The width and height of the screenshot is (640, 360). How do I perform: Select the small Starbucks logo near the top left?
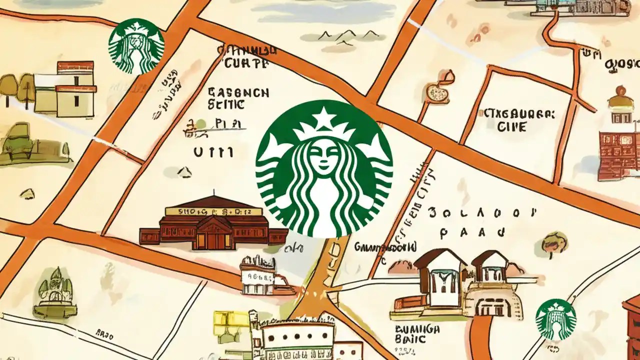click(136, 46)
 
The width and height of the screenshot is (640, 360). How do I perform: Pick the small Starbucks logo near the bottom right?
click(555, 319)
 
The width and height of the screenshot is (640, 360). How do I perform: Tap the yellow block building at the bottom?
click(231, 325)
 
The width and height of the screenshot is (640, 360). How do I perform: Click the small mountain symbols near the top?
click(348, 36)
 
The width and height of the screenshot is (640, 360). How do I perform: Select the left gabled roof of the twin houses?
click(434, 259)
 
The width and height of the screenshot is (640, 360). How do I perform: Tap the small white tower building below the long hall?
click(258, 275)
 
